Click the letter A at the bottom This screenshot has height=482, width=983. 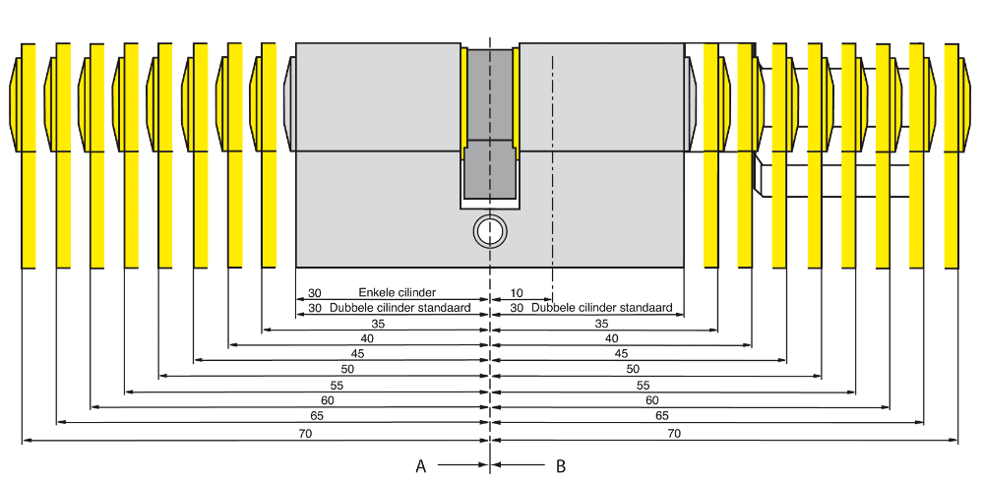(x=420, y=465)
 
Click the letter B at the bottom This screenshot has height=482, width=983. (x=561, y=465)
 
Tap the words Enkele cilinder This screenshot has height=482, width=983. (x=397, y=293)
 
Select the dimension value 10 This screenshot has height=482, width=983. (x=517, y=293)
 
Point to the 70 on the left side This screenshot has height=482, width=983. (x=305, y=433)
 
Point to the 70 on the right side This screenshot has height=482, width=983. (x=674, y=433)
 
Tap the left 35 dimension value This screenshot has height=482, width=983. (x=378, y=323)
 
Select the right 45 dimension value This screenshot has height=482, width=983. (x=621, y=353)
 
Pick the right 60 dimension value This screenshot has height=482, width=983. (x=651, y=400)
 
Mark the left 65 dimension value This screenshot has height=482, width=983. (x=316, y=416)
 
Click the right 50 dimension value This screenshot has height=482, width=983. (x=633, y=369)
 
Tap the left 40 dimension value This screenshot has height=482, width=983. (x=366, y=338)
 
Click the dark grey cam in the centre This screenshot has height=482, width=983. (x=489, y=128)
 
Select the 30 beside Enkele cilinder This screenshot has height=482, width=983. (x=315, y=293)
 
